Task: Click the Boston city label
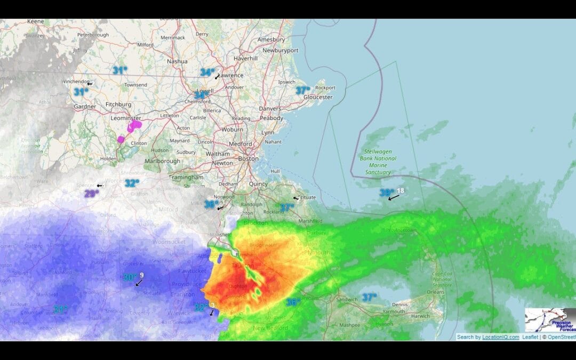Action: (248, 158)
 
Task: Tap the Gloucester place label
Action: (318, 97)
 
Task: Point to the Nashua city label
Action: (177, 61)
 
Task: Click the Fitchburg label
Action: (118, 104)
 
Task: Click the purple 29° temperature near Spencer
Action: (91, 194)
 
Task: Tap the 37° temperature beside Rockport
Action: (303, 91)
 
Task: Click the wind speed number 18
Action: (401, 190)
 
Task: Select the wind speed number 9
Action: (142, 275)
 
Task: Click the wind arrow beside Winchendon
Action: (90, 84)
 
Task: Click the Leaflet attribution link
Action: (530, 337)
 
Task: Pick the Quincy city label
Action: (258, 184)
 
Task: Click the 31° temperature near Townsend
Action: (119, 70)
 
